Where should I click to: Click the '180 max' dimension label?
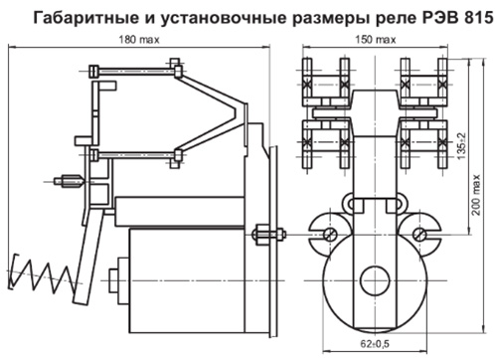coord(139,40)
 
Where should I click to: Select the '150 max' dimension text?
coord(376,40)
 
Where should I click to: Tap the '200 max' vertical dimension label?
coord(476,195)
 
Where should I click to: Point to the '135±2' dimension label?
coord(461,146)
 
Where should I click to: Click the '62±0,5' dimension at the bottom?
coord(375,344)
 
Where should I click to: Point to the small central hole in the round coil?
coord(375,281)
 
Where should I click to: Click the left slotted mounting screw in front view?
coord(330,234)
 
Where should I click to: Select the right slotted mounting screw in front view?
coord(419,234)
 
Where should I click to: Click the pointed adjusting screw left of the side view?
coord(70,181)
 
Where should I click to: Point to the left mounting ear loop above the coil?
coord(348,202)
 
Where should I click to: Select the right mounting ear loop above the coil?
coord(402,202)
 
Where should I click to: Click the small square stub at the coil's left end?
coord(113,280)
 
